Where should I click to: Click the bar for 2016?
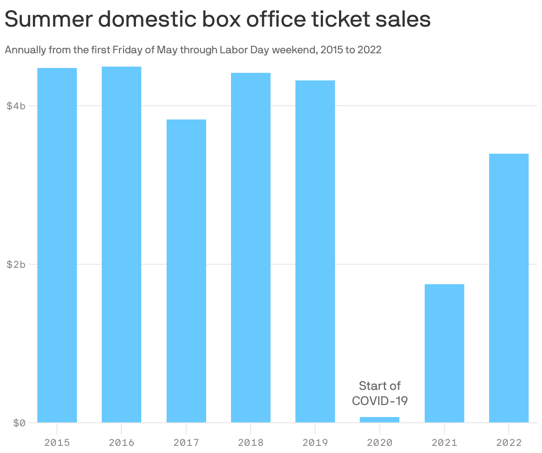coord(121,244)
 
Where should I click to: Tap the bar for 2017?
coord(186,271)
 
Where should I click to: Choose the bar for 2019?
coord(315,251)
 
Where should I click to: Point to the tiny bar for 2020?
coord(379,420)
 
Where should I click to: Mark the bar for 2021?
coord(444,353)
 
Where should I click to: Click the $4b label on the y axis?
coord(16,106)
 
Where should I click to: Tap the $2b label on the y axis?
coord(16,264)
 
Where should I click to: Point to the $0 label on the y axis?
coord(19,423)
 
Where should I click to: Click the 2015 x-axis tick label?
coord(57,442)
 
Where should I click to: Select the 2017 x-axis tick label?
coord(186,442)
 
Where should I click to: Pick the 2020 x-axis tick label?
coord(379,442)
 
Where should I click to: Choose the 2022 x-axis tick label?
coord(509,442)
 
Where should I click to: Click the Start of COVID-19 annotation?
coord(379,393)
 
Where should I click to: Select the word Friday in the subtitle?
coord(127,50)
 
